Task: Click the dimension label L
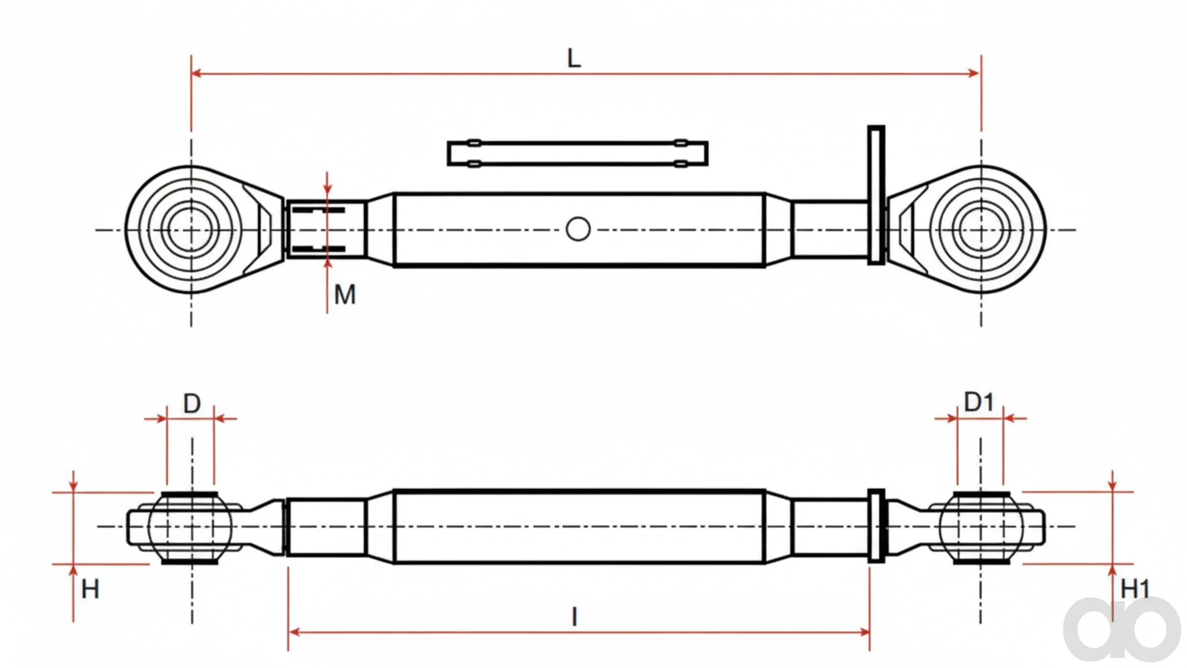[x=574, y=58]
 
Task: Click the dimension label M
[x=345, y=294]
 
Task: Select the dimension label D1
[x=979, y=402]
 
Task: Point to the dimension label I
[x=575, y=617]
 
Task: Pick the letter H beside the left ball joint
[x=90, y=589]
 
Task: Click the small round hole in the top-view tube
[x=578, y=229]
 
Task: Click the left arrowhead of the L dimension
[x=196, y=73]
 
